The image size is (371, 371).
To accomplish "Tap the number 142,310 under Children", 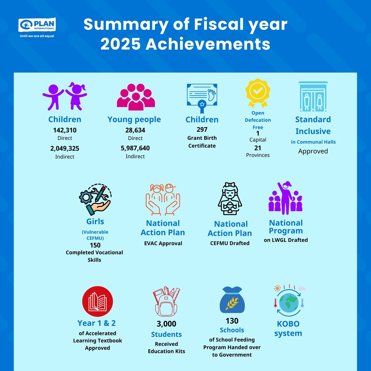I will [x=65, y=130].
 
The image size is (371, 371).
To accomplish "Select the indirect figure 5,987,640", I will [x=135, y=148].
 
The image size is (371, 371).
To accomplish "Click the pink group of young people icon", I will [x=136, y=97].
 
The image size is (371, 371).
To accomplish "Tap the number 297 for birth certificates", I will [x=202, y=130].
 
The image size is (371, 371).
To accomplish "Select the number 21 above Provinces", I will [x=258, y=148].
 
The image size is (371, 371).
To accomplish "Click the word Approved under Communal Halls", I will [x=313, y=151].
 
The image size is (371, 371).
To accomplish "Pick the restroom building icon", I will [x=313, y=97].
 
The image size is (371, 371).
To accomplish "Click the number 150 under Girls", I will [x=95, y=245].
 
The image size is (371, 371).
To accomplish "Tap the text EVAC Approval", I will [x=163, y=243].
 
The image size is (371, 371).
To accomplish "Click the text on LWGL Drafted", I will [x=286, y=240].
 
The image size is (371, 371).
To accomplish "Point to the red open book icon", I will [x=97, y=301].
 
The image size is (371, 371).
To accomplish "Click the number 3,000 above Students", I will [x=166, y=324].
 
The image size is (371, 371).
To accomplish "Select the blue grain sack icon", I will [x=232, y=300].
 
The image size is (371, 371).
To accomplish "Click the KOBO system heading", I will [x=288, y=328].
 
